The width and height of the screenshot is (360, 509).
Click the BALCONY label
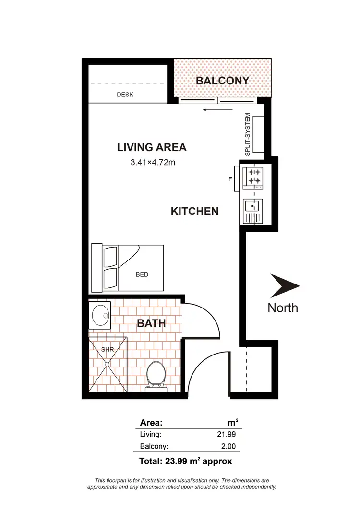pyautogui.click(x=222, y=81)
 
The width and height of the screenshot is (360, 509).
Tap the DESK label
pyautogui.click(x=125, y=95)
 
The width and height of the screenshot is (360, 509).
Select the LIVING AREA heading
pyautogui.click(x=152, y=147)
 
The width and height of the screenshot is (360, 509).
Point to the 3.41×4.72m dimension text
pyautogui.click(x=153, y=162)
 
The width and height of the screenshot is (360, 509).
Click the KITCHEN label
pyautogui.click(x=195, y=211)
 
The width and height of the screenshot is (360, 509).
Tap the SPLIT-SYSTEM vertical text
pyautogui.click(x=248, y=134)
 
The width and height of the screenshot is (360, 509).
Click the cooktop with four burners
pyautogui.click(x=253, y=176)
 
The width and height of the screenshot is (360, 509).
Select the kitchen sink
pyautogui.click(x=252, y=208)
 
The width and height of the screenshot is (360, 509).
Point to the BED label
pyautogui.click(x=142, y=275)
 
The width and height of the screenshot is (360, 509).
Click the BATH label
pyautogui.click(x=152, y=323)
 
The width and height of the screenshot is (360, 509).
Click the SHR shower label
pyautogui.click(x=108, y=350)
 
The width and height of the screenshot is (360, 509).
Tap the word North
pyautogui.click(x=283, y=308)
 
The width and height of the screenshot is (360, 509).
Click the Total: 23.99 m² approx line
pyautogui.click(x=186, y=462)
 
